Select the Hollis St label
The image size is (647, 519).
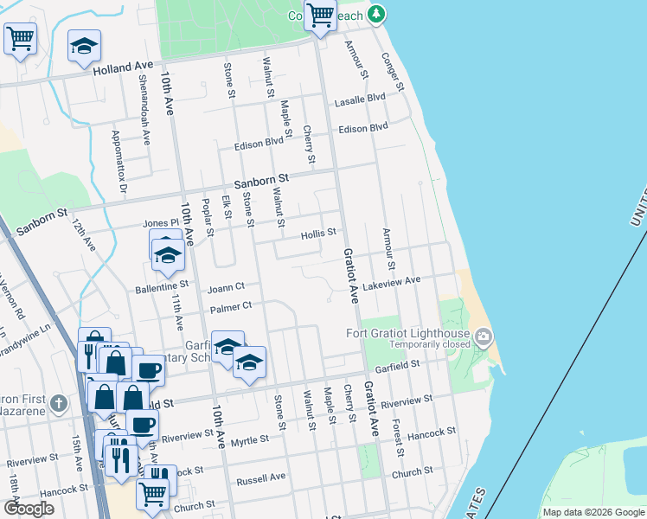click(x=317, y=234)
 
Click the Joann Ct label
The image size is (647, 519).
click(x=227, y=285)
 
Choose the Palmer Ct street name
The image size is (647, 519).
click(x=230, y=306)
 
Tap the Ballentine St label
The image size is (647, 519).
click(x=161, y=285)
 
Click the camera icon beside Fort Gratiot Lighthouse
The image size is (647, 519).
click(x=484, y=336)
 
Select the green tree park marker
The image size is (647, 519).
click(x=375, y=14)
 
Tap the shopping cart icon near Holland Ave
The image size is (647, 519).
click(x=20, y=38)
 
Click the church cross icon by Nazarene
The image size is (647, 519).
click(x=58, y=403)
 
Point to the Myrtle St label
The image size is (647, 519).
click(x=249, y=439)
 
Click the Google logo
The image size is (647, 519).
click(x=29, y=509)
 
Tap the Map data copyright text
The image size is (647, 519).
click(x=593, y=512)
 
